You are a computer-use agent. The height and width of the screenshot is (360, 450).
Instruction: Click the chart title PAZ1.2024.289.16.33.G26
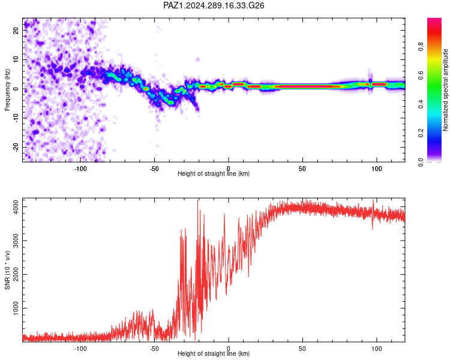[x=214, y=5]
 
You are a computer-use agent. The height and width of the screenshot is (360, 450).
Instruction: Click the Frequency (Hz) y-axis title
[x=7, y=90]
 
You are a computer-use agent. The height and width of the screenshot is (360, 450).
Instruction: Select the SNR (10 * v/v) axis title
[x=7, y=270]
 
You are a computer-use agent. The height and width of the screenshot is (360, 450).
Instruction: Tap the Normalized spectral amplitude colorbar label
[x=445, y=90]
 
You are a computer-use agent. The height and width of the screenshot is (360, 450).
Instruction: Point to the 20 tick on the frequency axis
[x=16, y=30]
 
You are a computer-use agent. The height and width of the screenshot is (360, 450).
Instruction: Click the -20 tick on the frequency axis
[x=16, y=147]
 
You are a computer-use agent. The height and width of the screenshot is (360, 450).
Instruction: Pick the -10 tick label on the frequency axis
[x=16, y=118]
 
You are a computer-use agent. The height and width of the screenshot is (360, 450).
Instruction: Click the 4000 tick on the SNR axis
[x=16, y=206]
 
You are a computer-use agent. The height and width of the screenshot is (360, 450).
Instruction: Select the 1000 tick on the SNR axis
[x=16, y=308]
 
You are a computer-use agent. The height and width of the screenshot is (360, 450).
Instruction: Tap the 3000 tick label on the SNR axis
[x=16, y=241]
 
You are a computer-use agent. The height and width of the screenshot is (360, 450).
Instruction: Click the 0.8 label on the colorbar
[x=421, y=46]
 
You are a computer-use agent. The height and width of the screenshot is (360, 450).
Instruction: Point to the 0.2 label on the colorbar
[x=421, y=133]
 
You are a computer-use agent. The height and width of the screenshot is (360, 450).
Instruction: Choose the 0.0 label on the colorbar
[x=421, y=162]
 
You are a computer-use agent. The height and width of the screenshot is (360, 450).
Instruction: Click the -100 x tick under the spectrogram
[x=80, y=169]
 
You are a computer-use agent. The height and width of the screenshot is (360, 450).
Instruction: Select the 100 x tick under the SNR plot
[x=377, y=349]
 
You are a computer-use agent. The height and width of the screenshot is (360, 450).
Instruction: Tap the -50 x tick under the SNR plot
[x=154, y=349]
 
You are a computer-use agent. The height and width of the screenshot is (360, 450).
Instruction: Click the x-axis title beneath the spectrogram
[x=214, y=173]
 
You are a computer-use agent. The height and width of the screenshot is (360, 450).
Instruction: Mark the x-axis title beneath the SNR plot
[x=214, y=353]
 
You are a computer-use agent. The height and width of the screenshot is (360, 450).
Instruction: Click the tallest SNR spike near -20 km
[x=198, y=201]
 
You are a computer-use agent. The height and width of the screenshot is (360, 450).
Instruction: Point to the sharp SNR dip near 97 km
[x=373, y=229]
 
